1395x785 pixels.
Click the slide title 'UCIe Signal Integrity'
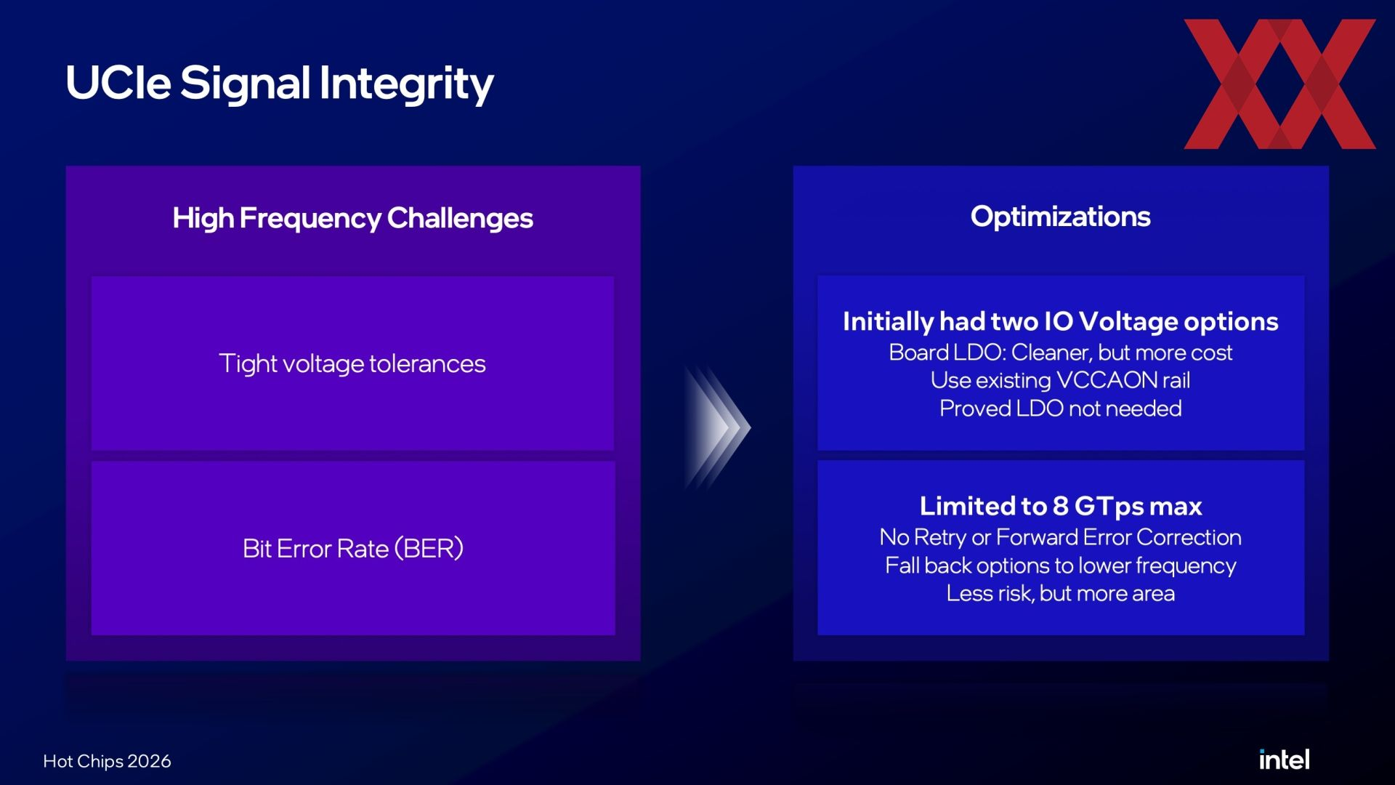click(x=280, y=83)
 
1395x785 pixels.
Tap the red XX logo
click(x=1279, y=84)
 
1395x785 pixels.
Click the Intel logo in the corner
click(x=1284, y=760)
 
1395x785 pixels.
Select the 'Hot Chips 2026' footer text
click(x=108, y=761)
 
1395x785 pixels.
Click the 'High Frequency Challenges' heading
click(x=352, y=218)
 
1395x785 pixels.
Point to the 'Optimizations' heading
click(x=1060, y=217)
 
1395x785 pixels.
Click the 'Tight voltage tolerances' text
click(x=352, y=363)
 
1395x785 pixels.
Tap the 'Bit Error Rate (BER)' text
click(x=353, y=548)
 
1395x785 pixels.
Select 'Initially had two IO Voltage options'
click(x=1060, y=321)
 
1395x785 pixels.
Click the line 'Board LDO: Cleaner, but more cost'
click(x=1060, y=353)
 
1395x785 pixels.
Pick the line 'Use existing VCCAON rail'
click(x=1060, y=380)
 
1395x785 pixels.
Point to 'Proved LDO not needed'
click(x=1060, y=408)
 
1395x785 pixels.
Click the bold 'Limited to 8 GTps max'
click(x=1060, y=506)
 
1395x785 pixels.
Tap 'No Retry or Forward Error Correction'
click(x=1060, y=537)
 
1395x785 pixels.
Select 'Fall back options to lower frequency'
click(x=1060, y=565)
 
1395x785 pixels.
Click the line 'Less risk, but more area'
click(x=1060, y=593)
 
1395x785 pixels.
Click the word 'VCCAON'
click(x=1107, y=380)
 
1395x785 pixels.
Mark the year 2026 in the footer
click(x=149, y=761)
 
